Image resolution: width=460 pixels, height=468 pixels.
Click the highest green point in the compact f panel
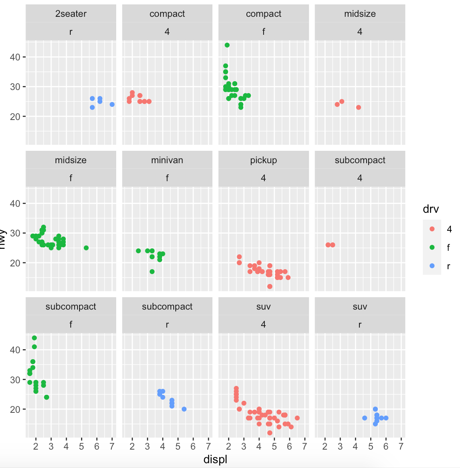tap(227, 45)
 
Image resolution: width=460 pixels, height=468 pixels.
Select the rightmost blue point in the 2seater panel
tap(112, 104)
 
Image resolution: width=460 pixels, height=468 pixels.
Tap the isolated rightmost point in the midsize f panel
tap(86, 248)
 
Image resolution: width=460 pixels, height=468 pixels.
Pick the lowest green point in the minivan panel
tap(152, 272)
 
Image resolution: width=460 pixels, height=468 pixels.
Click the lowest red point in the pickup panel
tap(270, 286)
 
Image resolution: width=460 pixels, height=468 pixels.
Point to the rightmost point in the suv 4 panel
tap(297, 418)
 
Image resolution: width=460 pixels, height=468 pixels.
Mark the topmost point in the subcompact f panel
tap(34, 338)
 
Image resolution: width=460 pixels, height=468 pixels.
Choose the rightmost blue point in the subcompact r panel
tap(184, 409)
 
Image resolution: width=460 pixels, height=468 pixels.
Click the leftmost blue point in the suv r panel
tap(365, 418)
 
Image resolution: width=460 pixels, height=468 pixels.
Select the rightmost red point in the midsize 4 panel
tap(359, 107)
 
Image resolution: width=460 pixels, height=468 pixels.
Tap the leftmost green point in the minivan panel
tap(139, 251)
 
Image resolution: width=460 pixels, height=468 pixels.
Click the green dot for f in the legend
tap(432, 248)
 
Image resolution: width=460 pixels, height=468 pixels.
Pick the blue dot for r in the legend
tap(432, 266)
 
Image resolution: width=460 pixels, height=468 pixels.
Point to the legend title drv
tap(431, 209)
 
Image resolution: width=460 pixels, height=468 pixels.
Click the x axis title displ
tap(215, 459)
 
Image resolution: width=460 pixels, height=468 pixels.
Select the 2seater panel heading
tap(71, 14)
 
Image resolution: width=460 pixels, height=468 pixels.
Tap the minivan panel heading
tap(167, 160)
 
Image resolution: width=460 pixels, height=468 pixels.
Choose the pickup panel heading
tap(264, 160)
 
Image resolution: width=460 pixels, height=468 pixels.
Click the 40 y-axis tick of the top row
tap(15, 57)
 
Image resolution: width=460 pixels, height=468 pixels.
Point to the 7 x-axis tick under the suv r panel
tap(401, 446)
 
